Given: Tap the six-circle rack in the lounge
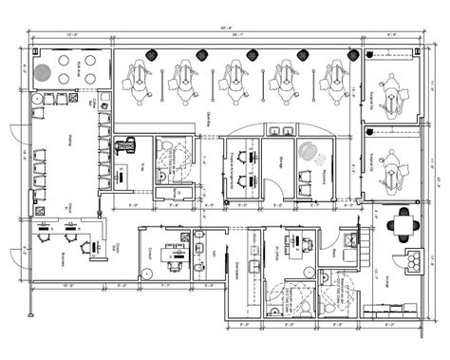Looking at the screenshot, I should [x=414, y=261].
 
